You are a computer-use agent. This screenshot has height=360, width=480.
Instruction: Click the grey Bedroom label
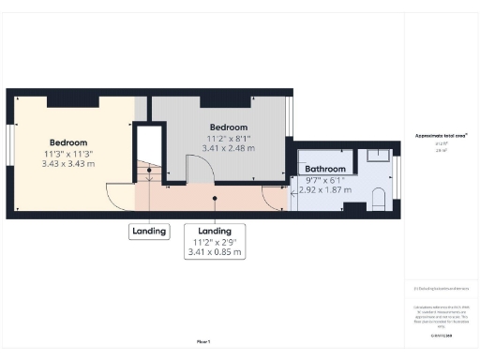[229, 127]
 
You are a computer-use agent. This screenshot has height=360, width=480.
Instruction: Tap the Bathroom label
[325, 170]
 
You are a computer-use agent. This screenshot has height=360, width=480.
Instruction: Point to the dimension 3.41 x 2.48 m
[229, 148]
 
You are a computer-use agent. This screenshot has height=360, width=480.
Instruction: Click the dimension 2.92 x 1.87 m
[325, 189]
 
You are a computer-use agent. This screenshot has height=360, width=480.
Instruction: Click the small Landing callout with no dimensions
[148, 231]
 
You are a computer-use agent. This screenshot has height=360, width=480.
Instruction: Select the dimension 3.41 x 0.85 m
[216, 252]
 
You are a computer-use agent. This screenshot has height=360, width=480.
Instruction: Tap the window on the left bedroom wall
[9, 150]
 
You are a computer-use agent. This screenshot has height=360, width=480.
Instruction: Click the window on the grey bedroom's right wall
[292, 117]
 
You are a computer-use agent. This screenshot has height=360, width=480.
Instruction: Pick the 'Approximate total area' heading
[442, 135]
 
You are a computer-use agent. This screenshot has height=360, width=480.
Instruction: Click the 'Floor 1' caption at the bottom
[203, 341]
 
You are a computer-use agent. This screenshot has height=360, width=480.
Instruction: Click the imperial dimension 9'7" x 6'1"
[325, 179]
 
